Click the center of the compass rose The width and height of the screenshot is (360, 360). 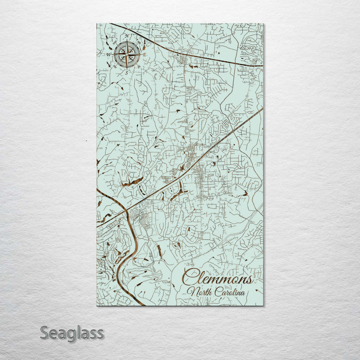126,55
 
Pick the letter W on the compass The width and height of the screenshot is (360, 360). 108,54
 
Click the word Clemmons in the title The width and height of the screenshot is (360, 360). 217,276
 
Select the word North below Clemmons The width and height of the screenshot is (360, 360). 198,291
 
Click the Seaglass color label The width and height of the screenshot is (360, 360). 71,332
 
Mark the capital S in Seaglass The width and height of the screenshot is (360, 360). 44,332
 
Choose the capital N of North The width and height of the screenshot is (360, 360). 190,291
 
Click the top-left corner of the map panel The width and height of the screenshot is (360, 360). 97,23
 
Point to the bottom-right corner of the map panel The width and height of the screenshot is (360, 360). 263,305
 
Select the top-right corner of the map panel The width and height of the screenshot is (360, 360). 263,23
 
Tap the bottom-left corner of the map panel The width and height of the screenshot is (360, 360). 97,305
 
